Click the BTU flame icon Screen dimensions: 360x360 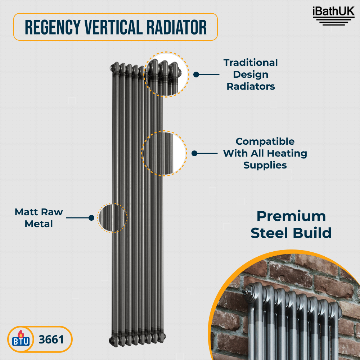(19, 339)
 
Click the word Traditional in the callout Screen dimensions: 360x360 (251, 63)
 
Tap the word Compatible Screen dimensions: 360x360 (265, 141)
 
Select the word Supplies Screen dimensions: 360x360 (265, 165)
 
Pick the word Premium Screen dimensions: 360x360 (291, 216)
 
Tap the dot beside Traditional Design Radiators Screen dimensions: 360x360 (196, 75)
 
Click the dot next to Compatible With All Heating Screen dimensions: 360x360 (194, 153)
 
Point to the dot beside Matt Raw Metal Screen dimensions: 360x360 (91, 218)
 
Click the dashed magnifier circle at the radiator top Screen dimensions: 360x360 (166, 74)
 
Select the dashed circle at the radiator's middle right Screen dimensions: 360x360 (164, 153)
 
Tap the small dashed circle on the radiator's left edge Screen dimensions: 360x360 (112, 217)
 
